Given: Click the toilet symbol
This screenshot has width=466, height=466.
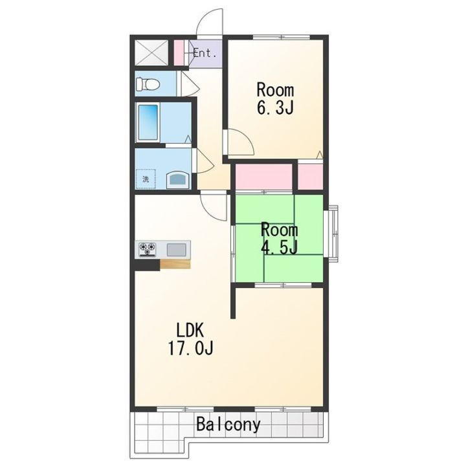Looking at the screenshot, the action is [148, 84].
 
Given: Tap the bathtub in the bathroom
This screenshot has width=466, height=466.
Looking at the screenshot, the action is [148, 122].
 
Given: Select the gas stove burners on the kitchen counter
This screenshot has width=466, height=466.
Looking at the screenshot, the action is [148, 249].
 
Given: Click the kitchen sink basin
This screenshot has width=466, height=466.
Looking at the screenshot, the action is [176, 250].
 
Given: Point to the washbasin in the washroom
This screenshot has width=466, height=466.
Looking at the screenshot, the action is [178, 179].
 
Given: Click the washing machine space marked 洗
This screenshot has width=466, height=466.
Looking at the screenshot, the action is [146, 179].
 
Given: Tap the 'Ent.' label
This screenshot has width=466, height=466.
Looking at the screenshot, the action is [205, 54].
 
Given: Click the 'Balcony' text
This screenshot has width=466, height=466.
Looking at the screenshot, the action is [228, 425].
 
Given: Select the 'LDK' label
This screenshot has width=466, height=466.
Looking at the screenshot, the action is [190, 330].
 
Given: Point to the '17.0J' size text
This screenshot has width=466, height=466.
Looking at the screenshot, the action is [190, 348].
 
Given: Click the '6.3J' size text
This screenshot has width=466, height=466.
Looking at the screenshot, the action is [275, 107].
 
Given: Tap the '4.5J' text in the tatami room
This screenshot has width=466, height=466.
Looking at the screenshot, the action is [279, 247].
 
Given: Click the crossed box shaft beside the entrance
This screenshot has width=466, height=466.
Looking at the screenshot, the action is [151, 52].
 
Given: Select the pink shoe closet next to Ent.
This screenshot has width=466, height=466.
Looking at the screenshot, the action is [179, 52].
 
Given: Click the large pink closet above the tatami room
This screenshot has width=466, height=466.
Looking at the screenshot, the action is [264, 177].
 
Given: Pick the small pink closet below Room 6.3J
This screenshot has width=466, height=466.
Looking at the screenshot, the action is [310, 177].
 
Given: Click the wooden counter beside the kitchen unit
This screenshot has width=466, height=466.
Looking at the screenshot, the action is [175, 264].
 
